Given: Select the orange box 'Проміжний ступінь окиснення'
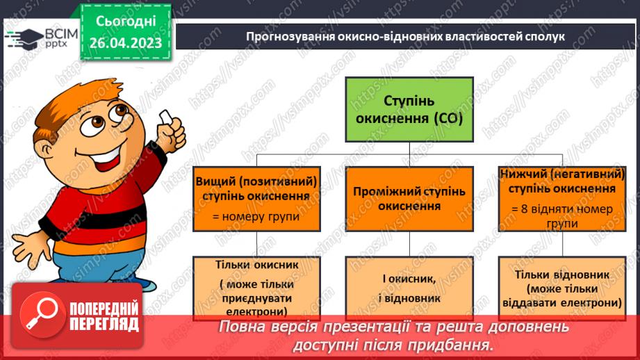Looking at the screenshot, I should pos(409,198).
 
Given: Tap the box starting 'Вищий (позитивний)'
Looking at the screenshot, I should pos(256,198).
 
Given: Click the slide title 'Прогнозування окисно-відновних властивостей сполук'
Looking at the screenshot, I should pos(406,37).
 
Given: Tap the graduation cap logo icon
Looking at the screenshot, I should pos(20,38).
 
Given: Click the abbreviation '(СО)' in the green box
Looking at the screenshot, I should pos(443,119).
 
